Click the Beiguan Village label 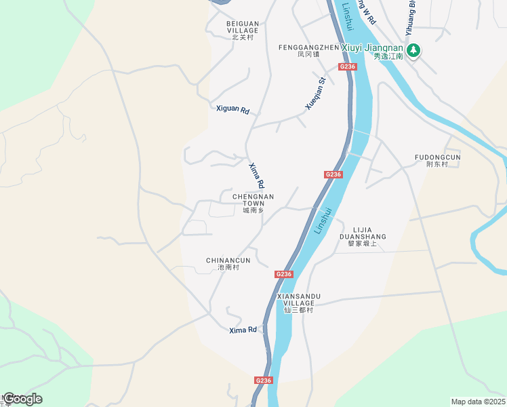click(242, 31)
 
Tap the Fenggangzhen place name click(308, 51)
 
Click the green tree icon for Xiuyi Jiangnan click(413, 50)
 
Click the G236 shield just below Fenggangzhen click(347, 66)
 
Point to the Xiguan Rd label click(232, 109)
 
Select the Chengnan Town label click(253, 203)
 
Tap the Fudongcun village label click(438, 161)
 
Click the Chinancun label click(228, 264)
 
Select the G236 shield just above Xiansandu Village click(284, 274)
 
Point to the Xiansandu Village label click(298, 303)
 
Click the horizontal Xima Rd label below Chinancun click(243, 330)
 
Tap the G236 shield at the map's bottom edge click(264, 381)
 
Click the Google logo click(22, 399)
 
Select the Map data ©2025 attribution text click(478, 402)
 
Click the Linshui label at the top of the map click(348, 16)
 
